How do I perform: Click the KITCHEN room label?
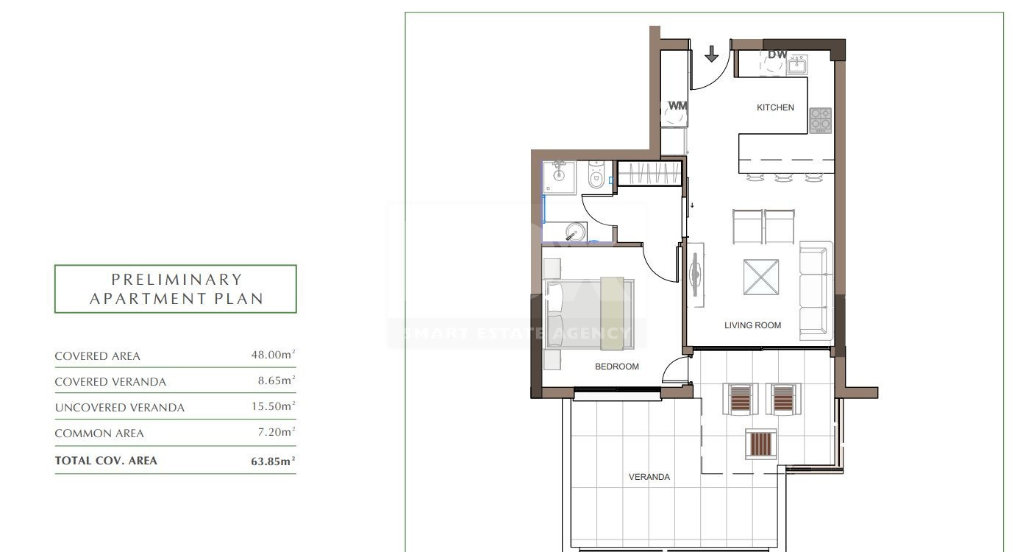coord(775,107)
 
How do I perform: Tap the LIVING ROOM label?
coord(752,325)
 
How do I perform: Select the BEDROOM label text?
coord(617,367)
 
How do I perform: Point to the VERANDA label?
coord(649,477)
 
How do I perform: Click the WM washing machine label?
coord(677,106)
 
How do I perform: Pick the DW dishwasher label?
coord(777,54)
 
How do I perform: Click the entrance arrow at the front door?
coord(711,54)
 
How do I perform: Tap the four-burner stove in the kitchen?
coord(820,120)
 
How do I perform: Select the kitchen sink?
coord(797,64)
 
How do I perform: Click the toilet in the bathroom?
coord(596,175)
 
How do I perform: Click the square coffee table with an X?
coord(760,277)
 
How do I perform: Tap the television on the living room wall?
coord(695,275)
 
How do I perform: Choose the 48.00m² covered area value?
coord(273,354)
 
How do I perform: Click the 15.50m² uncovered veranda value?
coord(273,406)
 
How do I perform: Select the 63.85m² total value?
coord(273,461)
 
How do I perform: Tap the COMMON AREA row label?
coord(99,434)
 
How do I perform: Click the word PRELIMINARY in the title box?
coord(177,280)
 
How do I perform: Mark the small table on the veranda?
coord(760,444)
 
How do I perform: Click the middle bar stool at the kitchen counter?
coord(783,177)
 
